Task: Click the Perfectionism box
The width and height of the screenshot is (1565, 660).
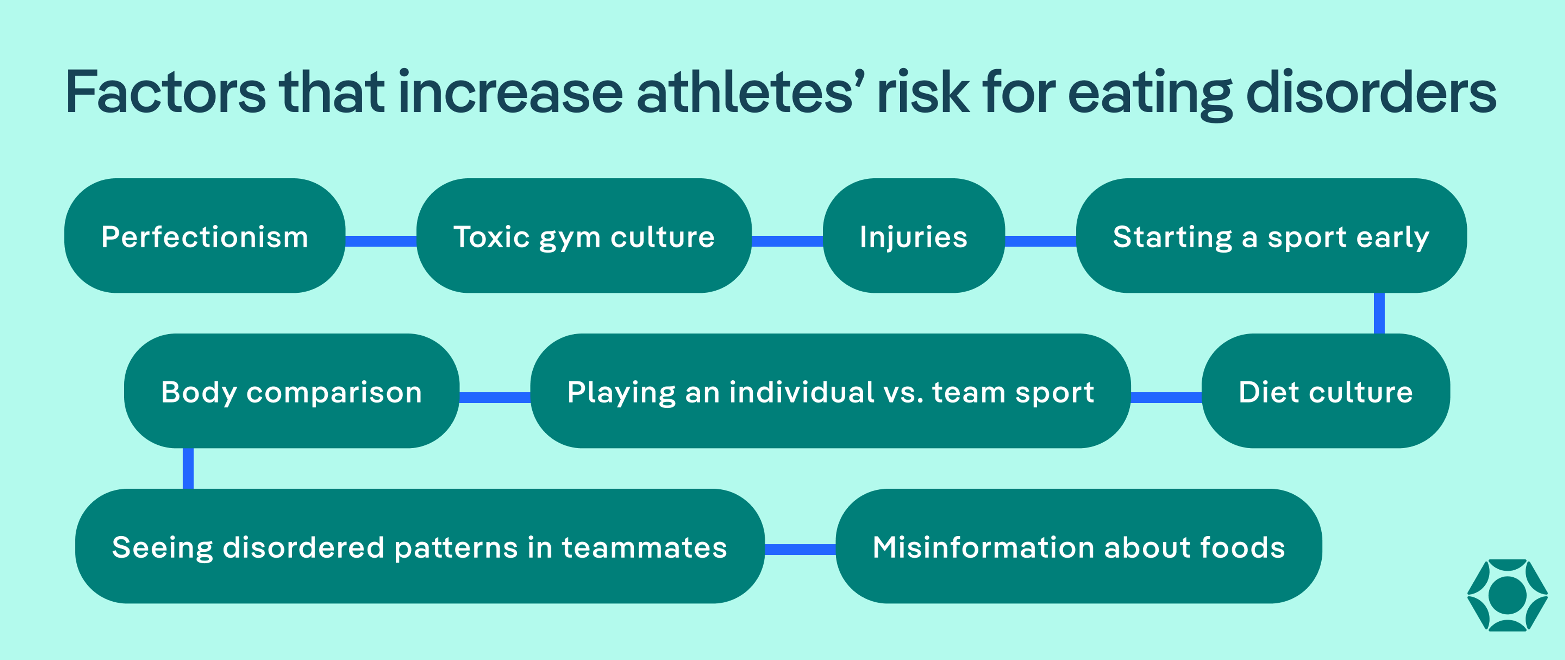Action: [x=205, y=236]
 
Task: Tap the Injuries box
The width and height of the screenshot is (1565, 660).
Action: [x=913, y=236]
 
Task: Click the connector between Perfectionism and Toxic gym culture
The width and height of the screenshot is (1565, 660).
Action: [x=381, y=241]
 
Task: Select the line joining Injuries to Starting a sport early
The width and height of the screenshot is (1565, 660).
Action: [x=1040, y=241]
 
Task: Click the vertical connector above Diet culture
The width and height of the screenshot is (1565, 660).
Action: [x=1379, y=313]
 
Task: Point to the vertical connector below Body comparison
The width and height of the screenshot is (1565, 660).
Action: [x=188, y=468]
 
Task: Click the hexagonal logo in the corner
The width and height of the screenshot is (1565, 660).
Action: [x=1507, y=595]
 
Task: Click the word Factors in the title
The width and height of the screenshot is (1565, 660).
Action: [x=165, y=92]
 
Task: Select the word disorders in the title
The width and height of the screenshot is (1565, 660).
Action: [x=1371, y=92]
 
